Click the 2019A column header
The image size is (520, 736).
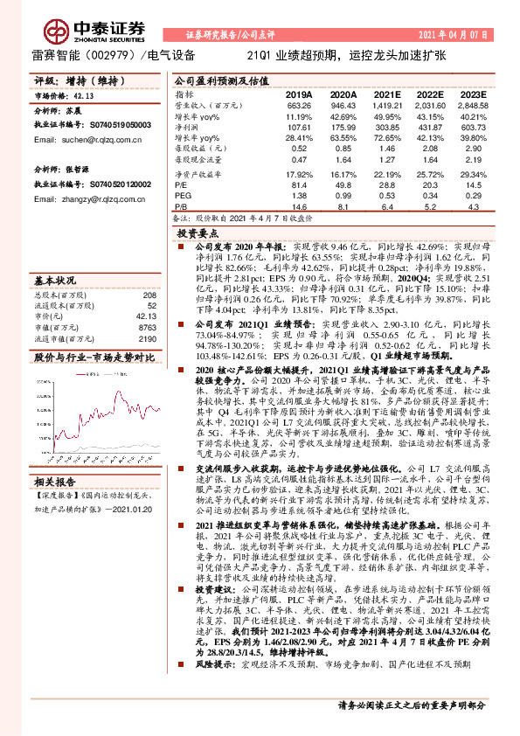pyautogui.click(x=298, y=94)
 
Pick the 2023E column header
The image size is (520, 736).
pyautogui.click(x=473, y=94)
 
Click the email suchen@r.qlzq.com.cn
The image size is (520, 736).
pyautogui.click(x=73, y=139)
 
